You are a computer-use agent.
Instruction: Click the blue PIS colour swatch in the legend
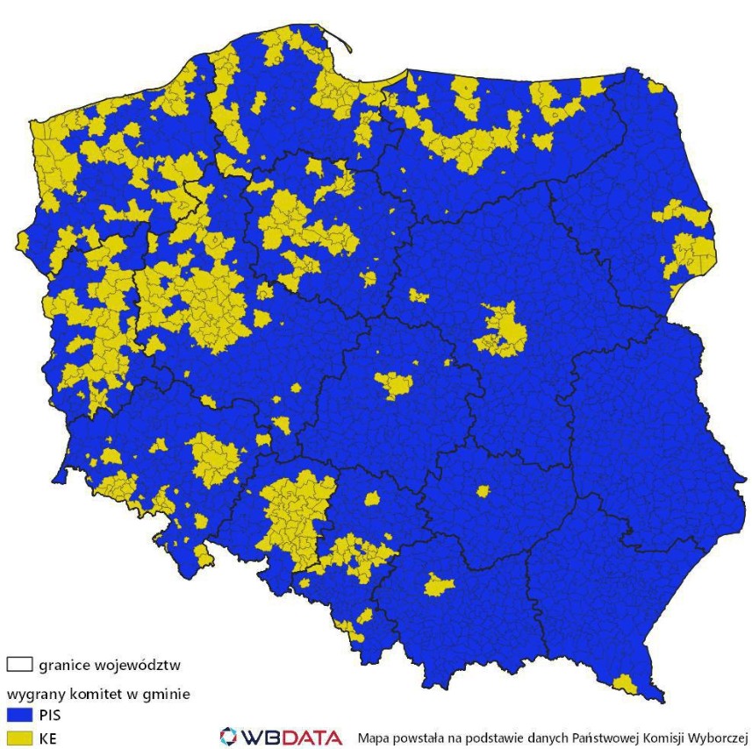tap(19, 716)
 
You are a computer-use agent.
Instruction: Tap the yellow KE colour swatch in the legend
tap(19, 738)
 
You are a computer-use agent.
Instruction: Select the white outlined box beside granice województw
tap(19, 665)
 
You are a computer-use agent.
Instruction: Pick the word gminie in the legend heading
tap(168, 694)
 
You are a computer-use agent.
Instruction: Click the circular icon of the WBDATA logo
tap(229, 735)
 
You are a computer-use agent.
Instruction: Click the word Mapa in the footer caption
tap(373, 736)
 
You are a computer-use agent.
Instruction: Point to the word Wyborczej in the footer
tap(718, 736)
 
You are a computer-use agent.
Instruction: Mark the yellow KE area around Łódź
tap(394, 383)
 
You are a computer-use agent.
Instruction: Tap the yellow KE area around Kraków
tap(439, 584)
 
